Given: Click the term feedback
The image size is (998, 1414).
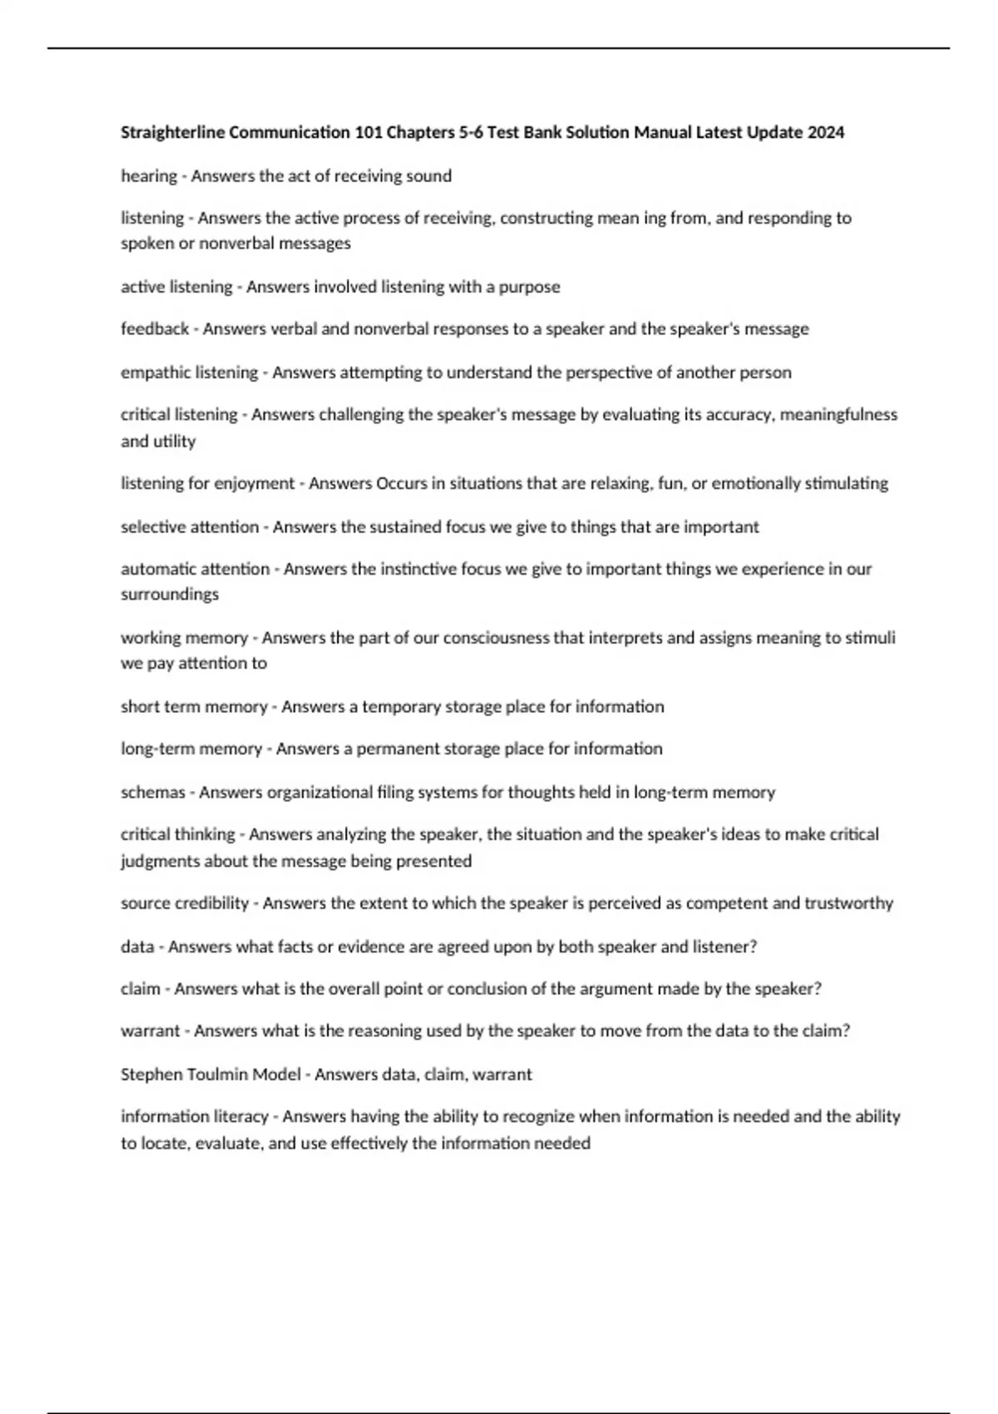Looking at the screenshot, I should (x=155, y=329).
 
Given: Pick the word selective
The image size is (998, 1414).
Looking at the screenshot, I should (x=153, y=527).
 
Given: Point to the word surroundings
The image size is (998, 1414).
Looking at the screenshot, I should (x=170, y=594).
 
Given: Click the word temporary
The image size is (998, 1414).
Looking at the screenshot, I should (x=401, y=706).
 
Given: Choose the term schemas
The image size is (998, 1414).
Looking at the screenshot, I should (x=153, y=792).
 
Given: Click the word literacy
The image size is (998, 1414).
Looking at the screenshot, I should (x=241, y=1116).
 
